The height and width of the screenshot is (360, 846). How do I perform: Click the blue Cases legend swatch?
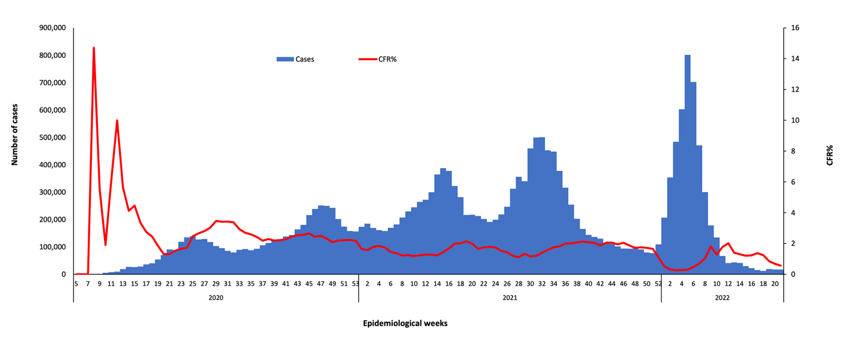pyautogui.click(x=285, y=59)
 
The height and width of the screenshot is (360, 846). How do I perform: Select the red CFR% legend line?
pyautogui.click(x=367, y=59)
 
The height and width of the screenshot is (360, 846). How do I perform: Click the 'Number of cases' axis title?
pyautogui.click(x=14, y=135)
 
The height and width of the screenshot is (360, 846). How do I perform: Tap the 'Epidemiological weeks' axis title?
pyautogui.click(x=405, y=323)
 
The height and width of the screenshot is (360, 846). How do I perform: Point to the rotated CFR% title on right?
pyautogui.click(x=830, y=155)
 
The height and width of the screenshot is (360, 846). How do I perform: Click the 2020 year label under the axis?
pyautogui.click(x=216, y=298)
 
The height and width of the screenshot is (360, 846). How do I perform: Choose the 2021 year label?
pyautogui.click(x=509, y=298)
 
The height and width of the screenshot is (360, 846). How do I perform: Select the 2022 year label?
pyautogui.click(x=722, y=298)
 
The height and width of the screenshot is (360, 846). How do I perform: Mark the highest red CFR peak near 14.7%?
pyautogui.click(x=94, y=48)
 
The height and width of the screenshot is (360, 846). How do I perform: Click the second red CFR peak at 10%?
pyautogui.click(x=117, y=121)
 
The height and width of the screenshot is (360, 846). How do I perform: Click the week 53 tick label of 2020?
pyautogui.click(x=355, y=283)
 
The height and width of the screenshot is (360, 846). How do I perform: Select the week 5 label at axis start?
pyautogui.click(x=76, y=283)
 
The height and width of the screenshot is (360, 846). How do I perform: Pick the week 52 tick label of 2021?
pyautogui.click(x=658, y=283)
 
